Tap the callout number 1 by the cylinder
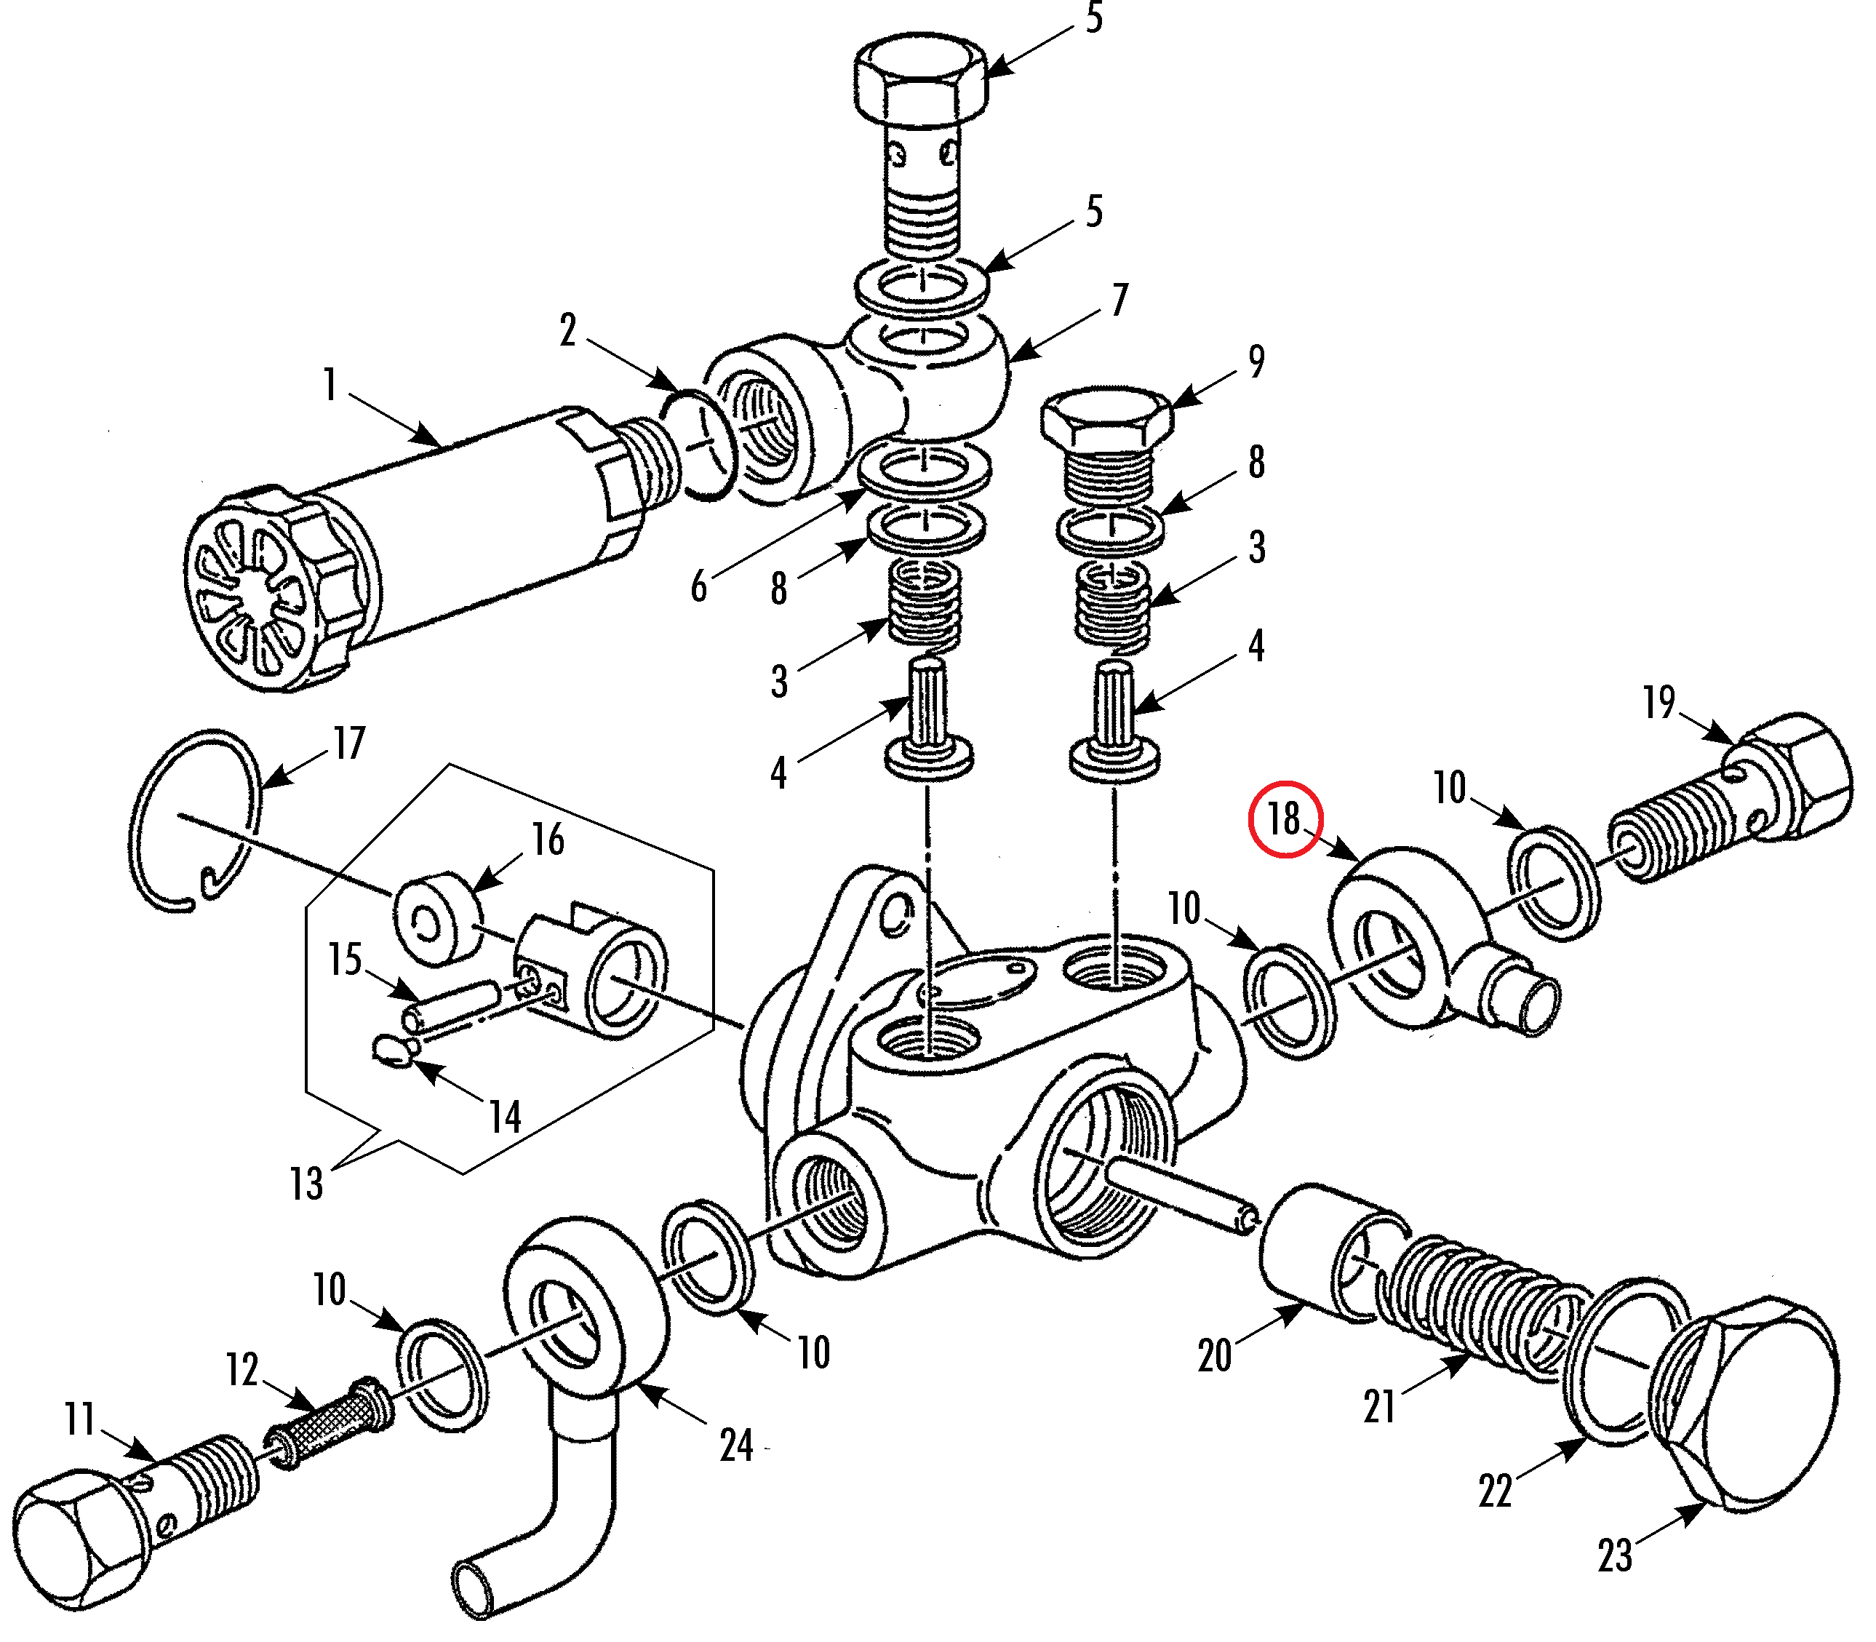pyautogui.click(x=330, y=384)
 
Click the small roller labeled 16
pyautogui.click(x=439, y=918)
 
